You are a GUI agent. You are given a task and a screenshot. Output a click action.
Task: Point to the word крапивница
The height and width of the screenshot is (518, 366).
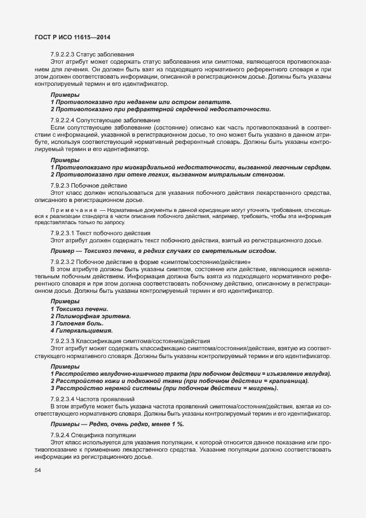[288, 381]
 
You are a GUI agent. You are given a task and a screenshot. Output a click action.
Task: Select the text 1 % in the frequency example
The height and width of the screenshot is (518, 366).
[177, 424]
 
